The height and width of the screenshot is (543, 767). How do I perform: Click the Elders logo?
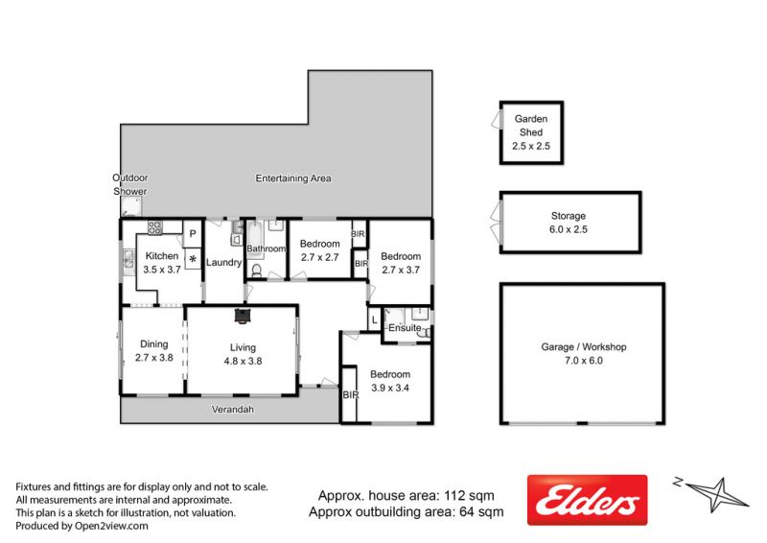tap(587, 500)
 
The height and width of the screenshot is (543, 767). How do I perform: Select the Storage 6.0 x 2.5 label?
tap(569, 223)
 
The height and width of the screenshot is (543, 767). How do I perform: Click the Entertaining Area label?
tap(293, 178)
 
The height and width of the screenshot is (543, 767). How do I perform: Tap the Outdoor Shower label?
tap(130, 184)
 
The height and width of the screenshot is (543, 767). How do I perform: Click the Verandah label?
tap(233, 410)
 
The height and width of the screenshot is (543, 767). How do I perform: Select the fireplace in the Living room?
tap(242, 316)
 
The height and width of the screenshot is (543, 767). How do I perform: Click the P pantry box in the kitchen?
tap(193, 233)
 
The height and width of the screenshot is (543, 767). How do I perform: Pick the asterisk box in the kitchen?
tap(193, 258)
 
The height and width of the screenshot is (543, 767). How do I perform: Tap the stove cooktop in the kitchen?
tap(154, 226)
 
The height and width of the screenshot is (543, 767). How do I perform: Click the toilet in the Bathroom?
tap(257, 271)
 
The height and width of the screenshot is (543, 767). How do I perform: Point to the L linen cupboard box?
tap(374, 319)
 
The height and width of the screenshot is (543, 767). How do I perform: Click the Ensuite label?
tap(405, 327)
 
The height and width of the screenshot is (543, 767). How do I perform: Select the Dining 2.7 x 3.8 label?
tap(154, 350)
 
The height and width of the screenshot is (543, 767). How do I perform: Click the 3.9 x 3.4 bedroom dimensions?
tap(390, 388)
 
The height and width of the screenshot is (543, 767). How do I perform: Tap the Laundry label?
tap(223, 263)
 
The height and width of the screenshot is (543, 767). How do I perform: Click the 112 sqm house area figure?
tap(469, 495)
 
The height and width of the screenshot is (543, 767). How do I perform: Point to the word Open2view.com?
tap(111, 527)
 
